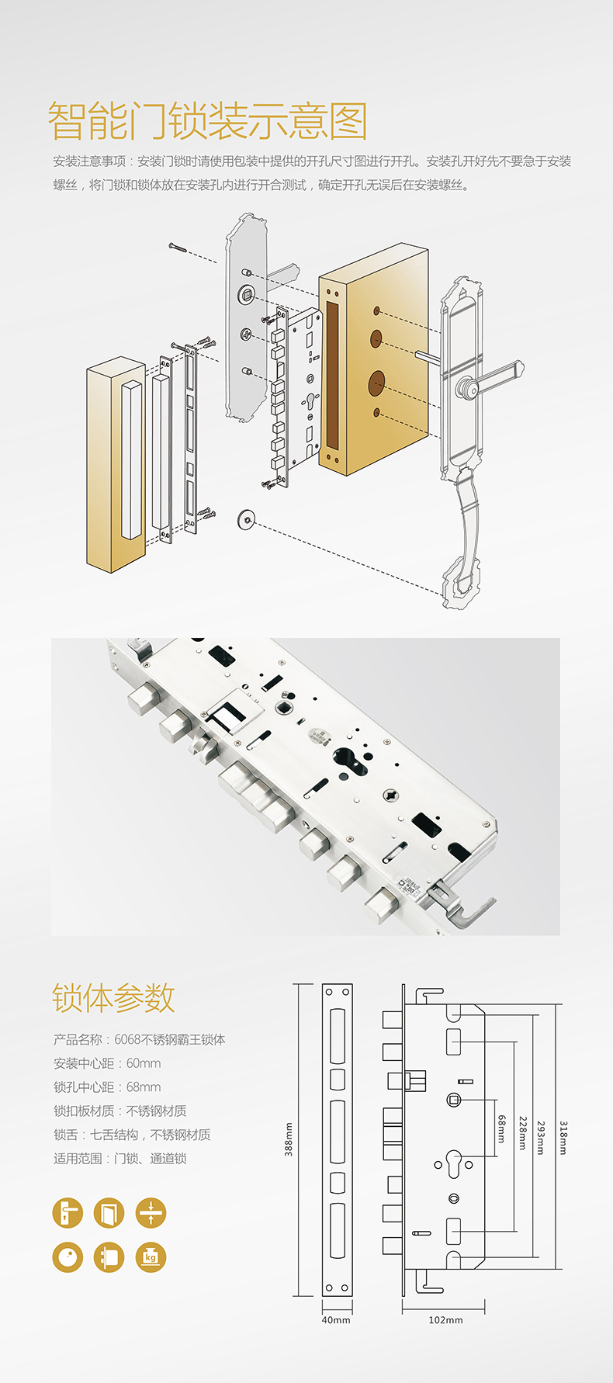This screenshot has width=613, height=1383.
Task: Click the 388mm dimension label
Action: click(289, 1139)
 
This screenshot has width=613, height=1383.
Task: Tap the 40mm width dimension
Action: click(336, 1319)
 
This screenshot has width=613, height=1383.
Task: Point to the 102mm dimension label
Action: click(445, 1319)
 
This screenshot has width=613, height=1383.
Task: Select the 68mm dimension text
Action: click(502, 1128)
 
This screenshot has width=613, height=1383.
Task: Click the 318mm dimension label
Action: click(564, 1138)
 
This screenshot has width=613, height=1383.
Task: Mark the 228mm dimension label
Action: click(523, 1134)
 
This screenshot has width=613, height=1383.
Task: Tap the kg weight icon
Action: click(151, 1257)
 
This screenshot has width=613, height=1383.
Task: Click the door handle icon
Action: click(68, 1213)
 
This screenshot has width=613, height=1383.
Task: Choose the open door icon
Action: click(109, 1213)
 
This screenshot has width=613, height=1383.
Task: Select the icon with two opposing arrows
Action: click(151, 1213)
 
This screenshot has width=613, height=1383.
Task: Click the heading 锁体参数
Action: click(113, 998)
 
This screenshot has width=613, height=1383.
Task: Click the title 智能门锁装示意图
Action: click(207, 121)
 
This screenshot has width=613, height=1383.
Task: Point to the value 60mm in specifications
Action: click(144, 1063)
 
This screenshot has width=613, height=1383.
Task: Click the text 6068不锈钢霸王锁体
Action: click(170, 1039)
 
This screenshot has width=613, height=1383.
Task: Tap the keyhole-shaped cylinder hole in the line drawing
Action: click(454, 1165)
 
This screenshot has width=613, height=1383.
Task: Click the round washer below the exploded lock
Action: click(247, 518)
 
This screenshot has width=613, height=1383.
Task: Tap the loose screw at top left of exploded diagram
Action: click(178, 248)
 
